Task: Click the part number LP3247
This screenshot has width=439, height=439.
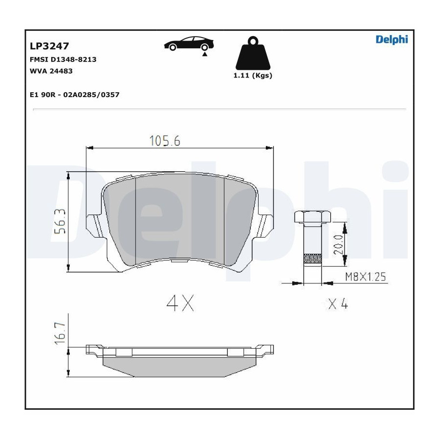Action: (49, 46)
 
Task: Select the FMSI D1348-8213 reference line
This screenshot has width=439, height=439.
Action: (63, 60)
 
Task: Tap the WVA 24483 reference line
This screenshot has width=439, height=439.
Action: (51, 71)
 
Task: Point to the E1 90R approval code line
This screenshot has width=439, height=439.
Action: (75, 95)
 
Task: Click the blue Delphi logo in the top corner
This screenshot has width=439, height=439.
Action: (392, 40)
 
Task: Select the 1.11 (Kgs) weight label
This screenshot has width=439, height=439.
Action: (253, 75)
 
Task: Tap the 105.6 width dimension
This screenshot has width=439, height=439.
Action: (165, 140)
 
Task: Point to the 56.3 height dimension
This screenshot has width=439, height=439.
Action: (60, 221)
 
